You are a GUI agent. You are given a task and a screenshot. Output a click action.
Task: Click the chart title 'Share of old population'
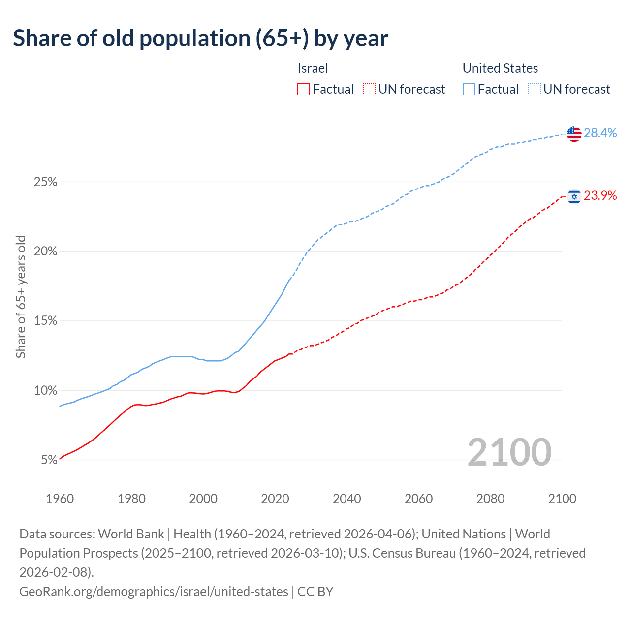coord(200,38)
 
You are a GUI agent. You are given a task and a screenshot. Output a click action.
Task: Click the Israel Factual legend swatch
coord(304,89)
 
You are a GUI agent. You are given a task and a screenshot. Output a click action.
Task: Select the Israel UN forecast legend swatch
coord(369,89)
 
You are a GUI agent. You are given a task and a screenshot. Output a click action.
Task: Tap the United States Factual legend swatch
coord(469,89)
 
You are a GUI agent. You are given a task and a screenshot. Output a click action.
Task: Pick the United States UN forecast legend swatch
coord(535,89)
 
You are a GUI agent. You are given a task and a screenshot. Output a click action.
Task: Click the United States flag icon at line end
coord(574,133)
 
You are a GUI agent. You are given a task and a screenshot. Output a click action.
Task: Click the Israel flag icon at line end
coord(574,196)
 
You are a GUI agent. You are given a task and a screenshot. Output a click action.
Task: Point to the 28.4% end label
coord(600,133)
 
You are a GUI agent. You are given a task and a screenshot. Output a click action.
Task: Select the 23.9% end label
coord(600,195)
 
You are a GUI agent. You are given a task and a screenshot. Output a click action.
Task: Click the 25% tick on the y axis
coord(45,182)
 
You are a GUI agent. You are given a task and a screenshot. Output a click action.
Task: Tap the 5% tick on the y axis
coord(49,460)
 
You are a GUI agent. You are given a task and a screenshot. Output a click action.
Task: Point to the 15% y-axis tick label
coord(45,321)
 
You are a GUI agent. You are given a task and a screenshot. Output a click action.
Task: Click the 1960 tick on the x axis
coord(60,499)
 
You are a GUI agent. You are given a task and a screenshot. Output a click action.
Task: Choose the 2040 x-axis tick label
coord(347,499)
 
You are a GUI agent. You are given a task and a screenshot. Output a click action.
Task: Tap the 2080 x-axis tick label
coord(491,499)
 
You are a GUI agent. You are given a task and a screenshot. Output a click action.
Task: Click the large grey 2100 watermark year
coord(509,452)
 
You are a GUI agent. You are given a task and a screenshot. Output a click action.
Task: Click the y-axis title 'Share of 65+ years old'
coord(21,297)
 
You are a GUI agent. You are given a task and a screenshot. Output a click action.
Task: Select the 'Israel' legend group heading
coord(313,68)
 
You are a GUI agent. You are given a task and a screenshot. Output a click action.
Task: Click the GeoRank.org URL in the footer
coord(154,591)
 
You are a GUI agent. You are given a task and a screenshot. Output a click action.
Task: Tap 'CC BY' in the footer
coord(315,591)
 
